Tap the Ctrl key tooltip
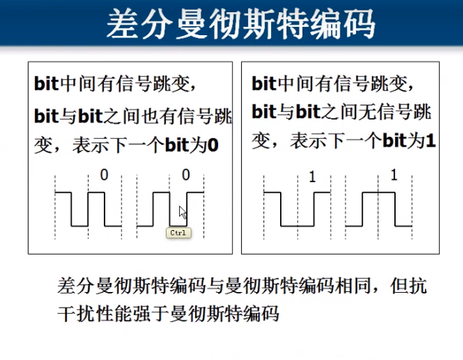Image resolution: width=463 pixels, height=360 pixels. click(178, 233)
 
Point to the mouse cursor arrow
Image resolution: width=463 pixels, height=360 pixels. click(182, 212)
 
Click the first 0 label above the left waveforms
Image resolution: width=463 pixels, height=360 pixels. click(104, 175)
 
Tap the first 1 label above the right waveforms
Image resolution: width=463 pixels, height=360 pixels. click(312, 176)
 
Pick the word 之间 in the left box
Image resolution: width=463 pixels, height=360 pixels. click(111, 117)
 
